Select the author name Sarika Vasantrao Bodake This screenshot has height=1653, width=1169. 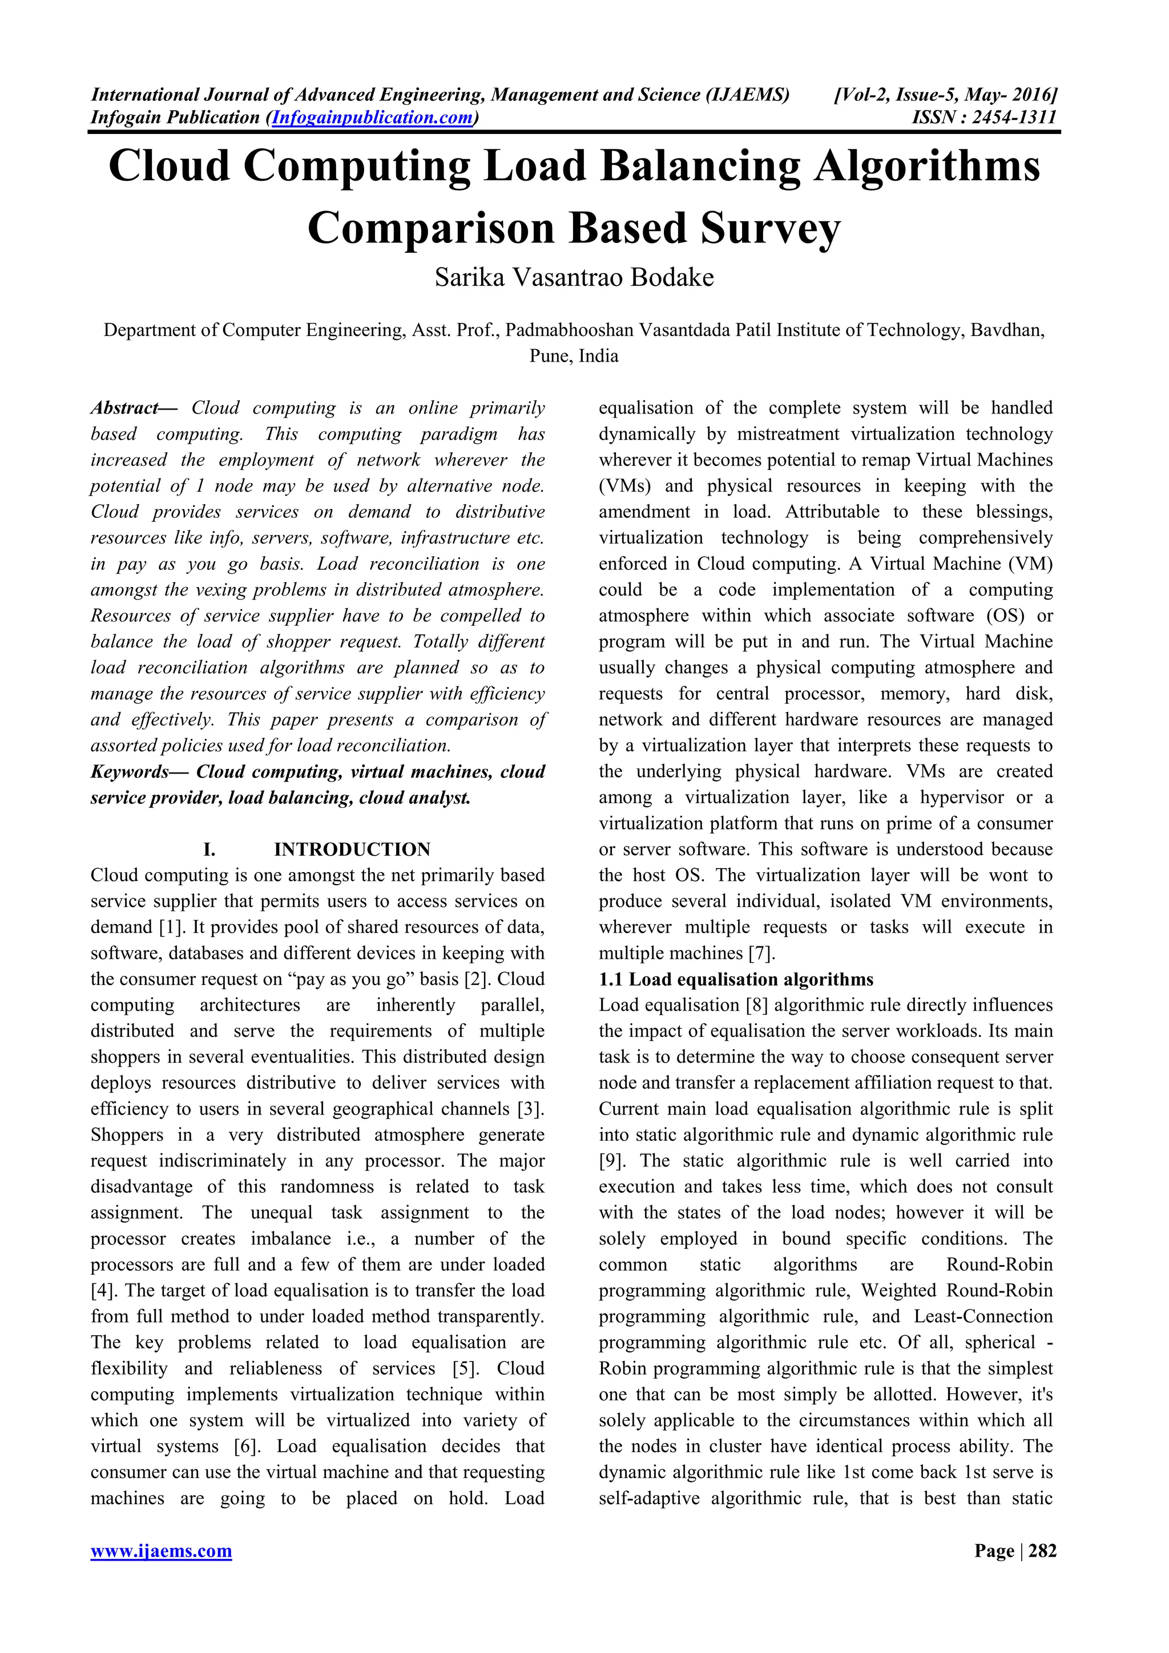[x=574, y=278]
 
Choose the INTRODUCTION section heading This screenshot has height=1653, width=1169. [x=352, y=849]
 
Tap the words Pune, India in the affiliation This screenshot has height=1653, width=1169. [x=574, y=356]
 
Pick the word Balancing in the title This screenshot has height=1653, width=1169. [x=699, y=167]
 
